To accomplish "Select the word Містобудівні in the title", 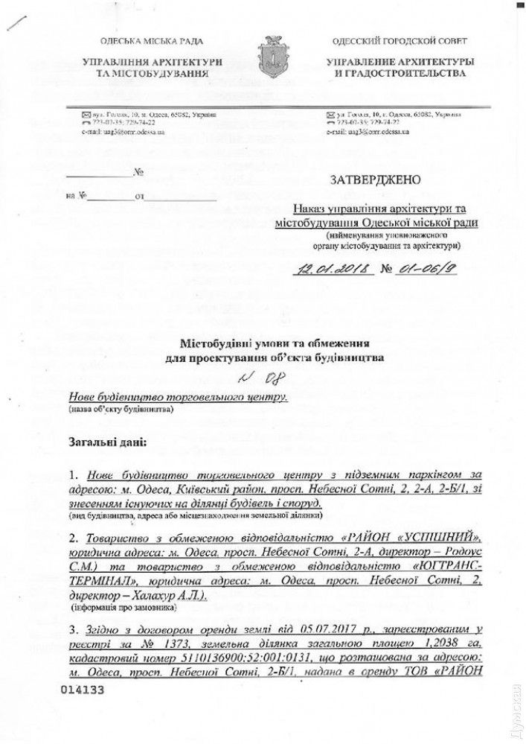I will [214, 343].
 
